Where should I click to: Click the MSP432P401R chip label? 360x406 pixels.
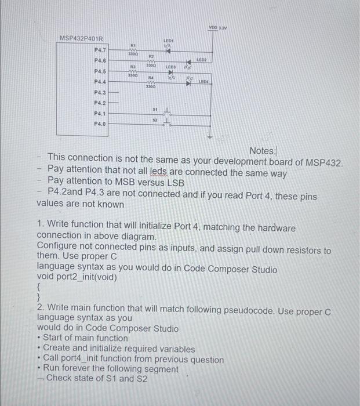click(x=81, y=39)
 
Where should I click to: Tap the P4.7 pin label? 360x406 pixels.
click(x=100, y=50)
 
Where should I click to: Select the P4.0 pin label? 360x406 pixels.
click(x=100, y=124)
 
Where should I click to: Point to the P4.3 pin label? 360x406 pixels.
click(x=100, y=93)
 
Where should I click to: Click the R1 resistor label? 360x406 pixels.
click(x=133, y=45)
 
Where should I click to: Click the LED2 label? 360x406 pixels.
click(x=202, y=60)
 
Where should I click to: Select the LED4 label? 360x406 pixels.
click(x=203, y=82)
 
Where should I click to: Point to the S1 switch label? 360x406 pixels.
click(x=155, y=108)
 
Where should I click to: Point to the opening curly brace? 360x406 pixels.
click(x=39, y=287)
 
